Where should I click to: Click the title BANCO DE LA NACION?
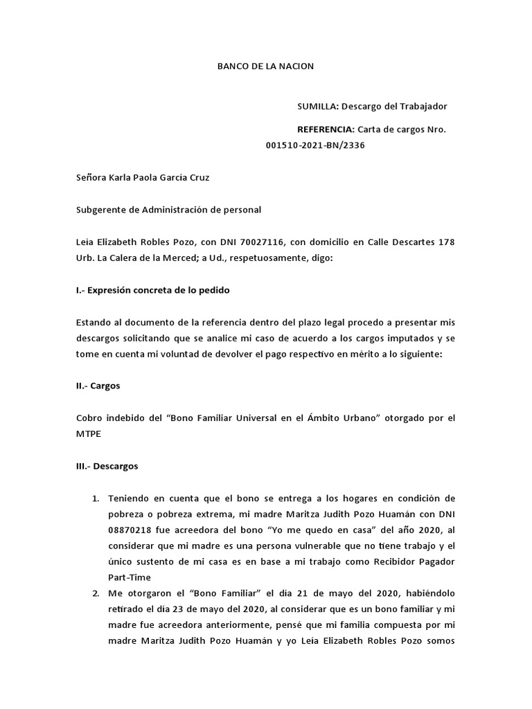(x=265, y=66)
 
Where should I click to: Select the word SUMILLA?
(x=317, y=106)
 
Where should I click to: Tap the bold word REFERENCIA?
(x=326, y=129)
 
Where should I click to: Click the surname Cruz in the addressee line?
(x=197, y=177)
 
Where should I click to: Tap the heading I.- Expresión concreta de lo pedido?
(x=152, y=290)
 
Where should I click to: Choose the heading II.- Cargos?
(x=98, y=386)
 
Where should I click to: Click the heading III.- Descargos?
(x=107, y=466)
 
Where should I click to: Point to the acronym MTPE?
(x=88, y=434)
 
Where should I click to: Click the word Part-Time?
(x=129, y=577)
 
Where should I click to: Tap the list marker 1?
(x=96, y=498)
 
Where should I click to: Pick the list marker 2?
(x=96, y=593)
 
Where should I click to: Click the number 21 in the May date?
(x=268, y=593)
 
